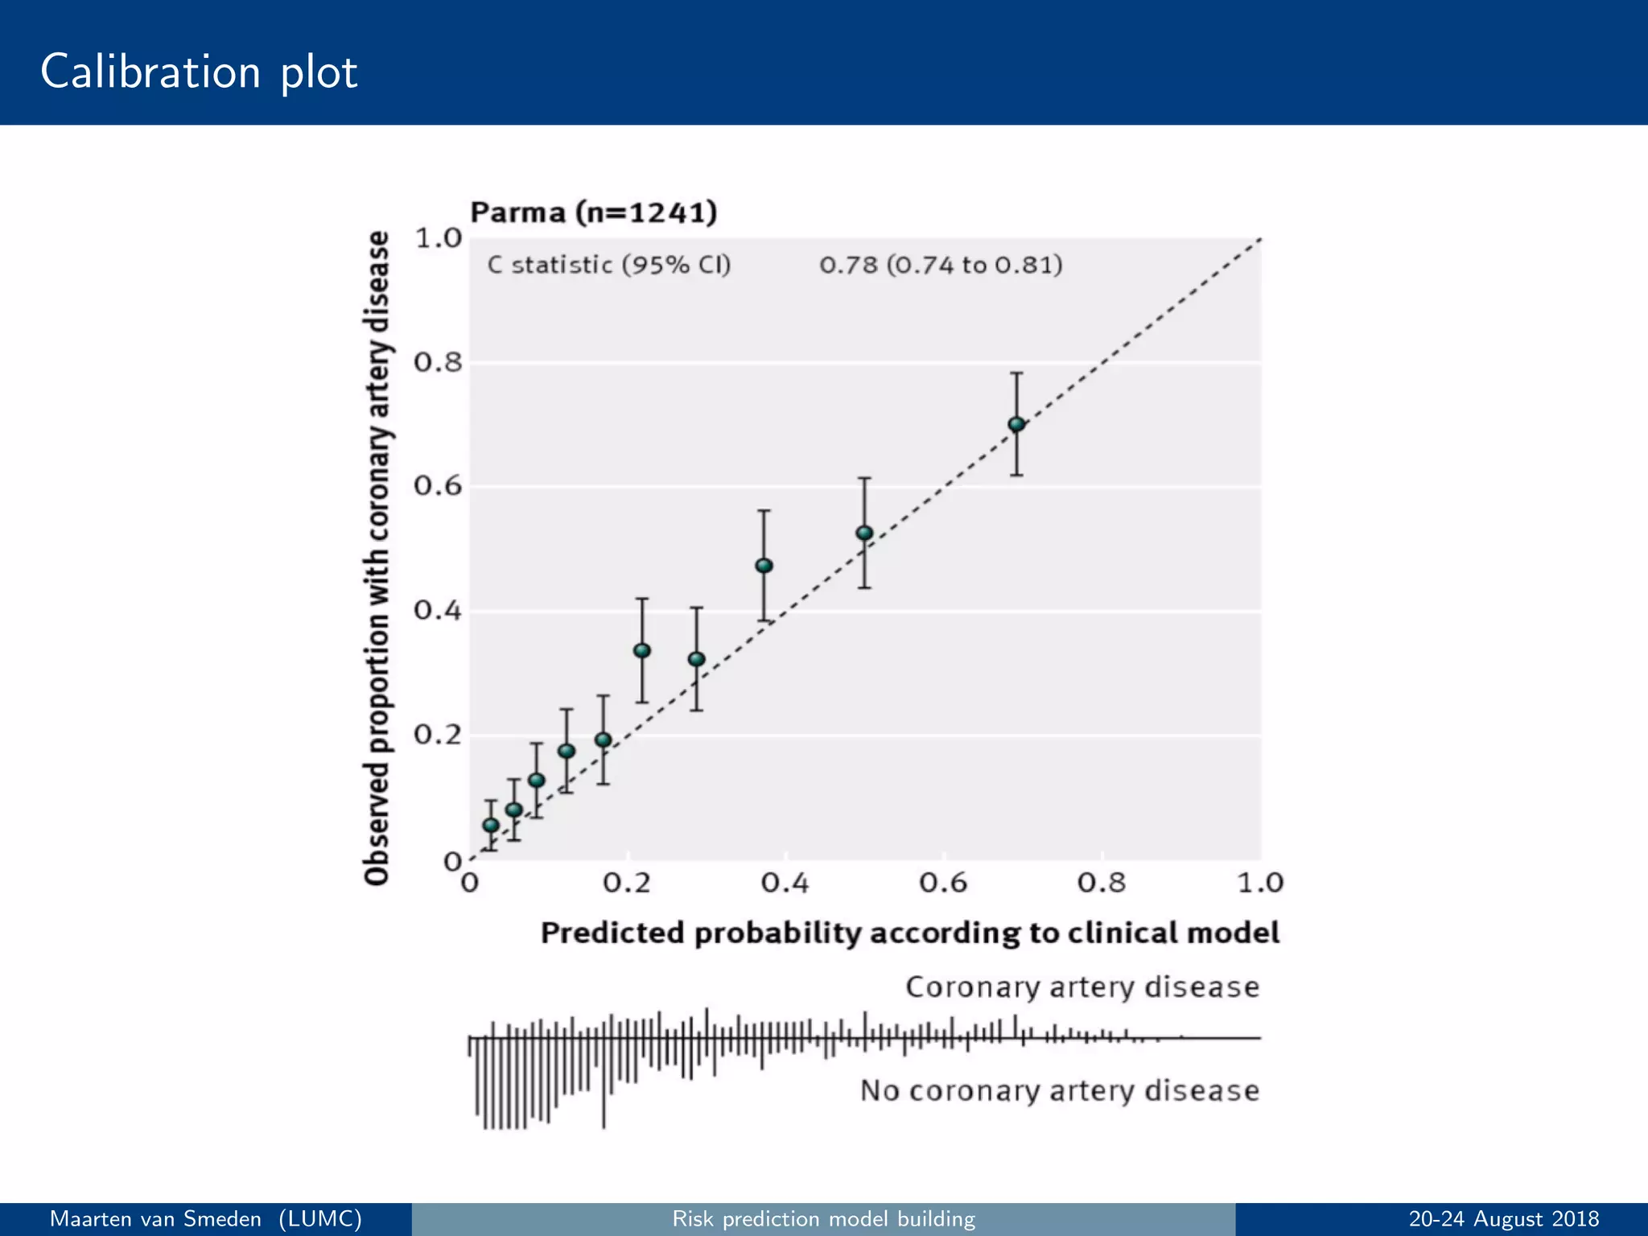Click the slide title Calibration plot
point(199,72)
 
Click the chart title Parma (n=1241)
point(593,212)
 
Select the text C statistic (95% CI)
point(608,265)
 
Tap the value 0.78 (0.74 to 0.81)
point(941,265)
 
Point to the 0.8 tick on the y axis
point(438,363)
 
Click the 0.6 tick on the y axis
point(438,486)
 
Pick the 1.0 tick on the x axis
point(1259,884)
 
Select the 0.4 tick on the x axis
point(785,884)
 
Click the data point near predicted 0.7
point(1016,424)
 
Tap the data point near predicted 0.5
point(864,533)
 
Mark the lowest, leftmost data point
point(491,825)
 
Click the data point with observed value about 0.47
point(764,566)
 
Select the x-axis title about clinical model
point(909,933)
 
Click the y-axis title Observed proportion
point(377,558)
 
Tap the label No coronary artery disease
point(1059,1091)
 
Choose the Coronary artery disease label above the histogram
point(1081,987)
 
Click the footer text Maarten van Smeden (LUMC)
point(206,1219)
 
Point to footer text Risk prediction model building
point(823,1219)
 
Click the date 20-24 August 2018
point(1503,1219)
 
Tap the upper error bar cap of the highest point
point(1016,373)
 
